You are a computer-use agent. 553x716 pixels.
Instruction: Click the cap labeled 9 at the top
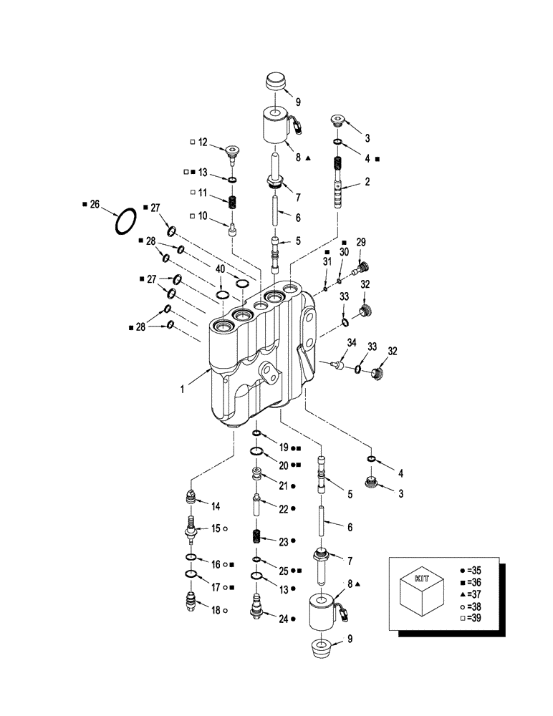(x=275, y=82)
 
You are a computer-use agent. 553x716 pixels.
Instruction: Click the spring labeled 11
(x=232, y=200)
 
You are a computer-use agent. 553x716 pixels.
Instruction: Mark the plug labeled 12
(x=232, y=150)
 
